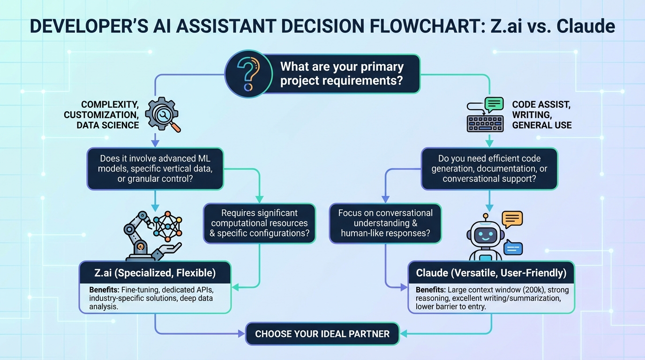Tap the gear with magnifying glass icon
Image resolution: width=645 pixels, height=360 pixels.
162,114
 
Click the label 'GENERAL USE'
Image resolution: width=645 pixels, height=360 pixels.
541,125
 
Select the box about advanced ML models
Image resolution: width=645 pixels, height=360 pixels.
155,169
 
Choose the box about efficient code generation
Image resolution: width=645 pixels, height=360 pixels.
489,169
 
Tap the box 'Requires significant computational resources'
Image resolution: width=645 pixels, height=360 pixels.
259,223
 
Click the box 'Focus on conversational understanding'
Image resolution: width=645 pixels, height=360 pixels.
385,223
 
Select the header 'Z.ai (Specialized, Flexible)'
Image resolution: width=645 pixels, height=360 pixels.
155,272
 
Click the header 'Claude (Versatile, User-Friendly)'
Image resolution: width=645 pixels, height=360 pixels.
491,272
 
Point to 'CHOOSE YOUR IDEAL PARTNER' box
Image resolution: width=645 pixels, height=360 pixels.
322,334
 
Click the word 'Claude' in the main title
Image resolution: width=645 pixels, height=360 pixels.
585,27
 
